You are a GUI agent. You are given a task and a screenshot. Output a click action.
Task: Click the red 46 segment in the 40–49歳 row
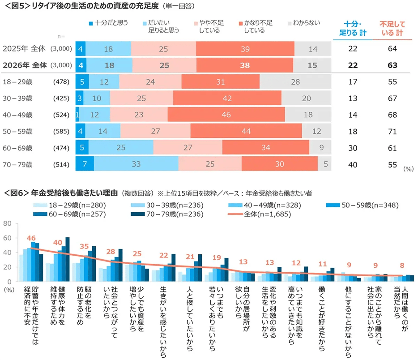click(x=226, y=114)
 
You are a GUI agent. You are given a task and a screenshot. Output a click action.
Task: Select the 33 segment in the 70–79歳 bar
click(x=136, y=164)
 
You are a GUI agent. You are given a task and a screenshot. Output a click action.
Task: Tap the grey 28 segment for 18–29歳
click(x=295, y=81)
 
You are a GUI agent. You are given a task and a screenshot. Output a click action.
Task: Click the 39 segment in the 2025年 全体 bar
click(x=245, y=48)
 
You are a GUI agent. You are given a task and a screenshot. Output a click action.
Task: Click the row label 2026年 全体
click(x=25, y=65)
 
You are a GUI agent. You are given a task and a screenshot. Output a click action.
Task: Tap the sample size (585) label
click(x=60, y=132)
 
